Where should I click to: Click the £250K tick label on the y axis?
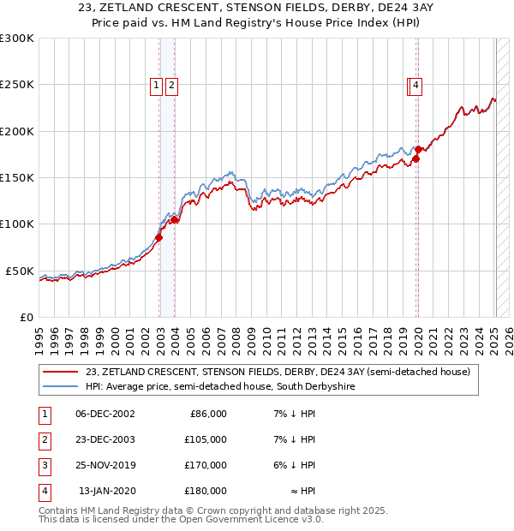pyautogui.click(x=17, y=85)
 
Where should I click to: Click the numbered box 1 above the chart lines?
pyautogui.click(x=157, y=85)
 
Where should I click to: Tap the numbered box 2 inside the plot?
pyautogui.click(x=171, y=85)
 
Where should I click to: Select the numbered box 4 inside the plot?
pyautogui.click(x=415, y=85)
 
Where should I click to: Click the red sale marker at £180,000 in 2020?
pyautogui.click(x=418, y=150)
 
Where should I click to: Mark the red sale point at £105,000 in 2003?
pyautogui.click(x=175, y=219)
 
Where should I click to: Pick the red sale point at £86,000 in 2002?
pyautogui.click(x=159, y=237)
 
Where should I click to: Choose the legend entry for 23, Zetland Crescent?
pyautogui.click(x=278, y=373)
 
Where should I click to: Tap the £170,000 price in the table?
pyautogui.click(x=206, y=465)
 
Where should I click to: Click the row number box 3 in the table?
pyautogui.click(x=43, y=465)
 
